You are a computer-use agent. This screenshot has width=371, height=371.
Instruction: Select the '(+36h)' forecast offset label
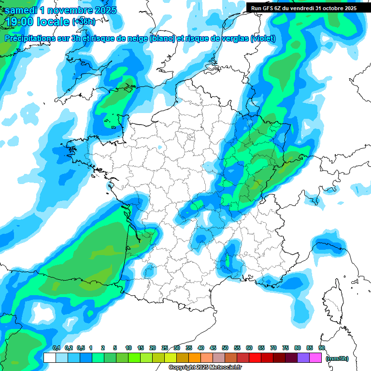click(84, 22)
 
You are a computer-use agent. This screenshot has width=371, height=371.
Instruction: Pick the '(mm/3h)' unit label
click(337, 358)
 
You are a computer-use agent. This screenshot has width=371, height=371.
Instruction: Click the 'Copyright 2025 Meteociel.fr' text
click(205, 368)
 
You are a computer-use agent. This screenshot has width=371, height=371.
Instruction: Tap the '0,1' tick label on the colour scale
click(56, 348)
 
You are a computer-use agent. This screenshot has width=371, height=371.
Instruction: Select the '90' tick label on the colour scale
click(322, 348)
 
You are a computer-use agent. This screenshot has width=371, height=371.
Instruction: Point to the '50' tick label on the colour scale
click(225, 348)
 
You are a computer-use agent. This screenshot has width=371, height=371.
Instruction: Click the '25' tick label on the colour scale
click(165, 348)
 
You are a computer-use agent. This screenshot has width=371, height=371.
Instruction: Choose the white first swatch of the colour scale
click(50, 358)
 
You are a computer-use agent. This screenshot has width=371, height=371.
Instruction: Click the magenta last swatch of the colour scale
click(315, 358)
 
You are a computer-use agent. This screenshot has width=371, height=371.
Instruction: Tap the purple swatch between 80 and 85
click(303, 358)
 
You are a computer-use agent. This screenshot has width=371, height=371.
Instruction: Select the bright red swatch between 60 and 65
click(255, 358)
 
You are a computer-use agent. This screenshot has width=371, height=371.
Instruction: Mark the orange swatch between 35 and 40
click(195, 358)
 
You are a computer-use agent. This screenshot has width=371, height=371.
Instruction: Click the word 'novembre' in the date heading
click(67, 10)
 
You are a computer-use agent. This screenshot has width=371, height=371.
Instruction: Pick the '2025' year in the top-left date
click(103, 10)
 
